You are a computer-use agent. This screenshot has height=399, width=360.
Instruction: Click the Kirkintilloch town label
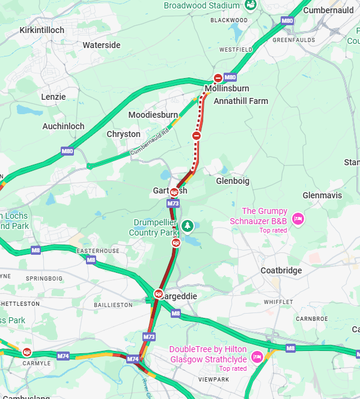41,30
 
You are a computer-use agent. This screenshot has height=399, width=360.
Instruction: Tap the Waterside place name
101,45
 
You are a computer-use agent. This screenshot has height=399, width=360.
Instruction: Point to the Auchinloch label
63,126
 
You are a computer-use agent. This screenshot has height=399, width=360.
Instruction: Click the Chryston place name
123,134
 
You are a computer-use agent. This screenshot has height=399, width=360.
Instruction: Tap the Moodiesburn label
153,114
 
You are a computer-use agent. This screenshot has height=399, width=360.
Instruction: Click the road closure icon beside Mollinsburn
218,78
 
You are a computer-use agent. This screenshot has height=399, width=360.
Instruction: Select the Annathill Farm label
240,101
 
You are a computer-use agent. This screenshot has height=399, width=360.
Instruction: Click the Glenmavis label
322,195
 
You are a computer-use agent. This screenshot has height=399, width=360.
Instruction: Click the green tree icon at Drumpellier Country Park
188,225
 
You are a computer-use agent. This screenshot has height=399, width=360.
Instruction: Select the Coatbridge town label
281,270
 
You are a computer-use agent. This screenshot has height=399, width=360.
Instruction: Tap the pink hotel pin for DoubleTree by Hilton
257,356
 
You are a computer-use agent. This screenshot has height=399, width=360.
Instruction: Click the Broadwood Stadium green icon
251,5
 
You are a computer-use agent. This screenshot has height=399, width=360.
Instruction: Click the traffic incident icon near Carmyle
26,352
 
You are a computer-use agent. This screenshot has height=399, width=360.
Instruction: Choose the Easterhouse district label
99,251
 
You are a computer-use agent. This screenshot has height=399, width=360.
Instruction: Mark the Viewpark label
213,380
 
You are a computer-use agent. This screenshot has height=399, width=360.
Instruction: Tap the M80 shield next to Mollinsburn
230,78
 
